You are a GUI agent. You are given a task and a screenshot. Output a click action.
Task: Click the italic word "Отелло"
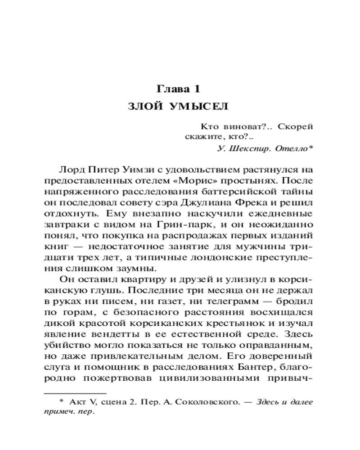tap(293, 148)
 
